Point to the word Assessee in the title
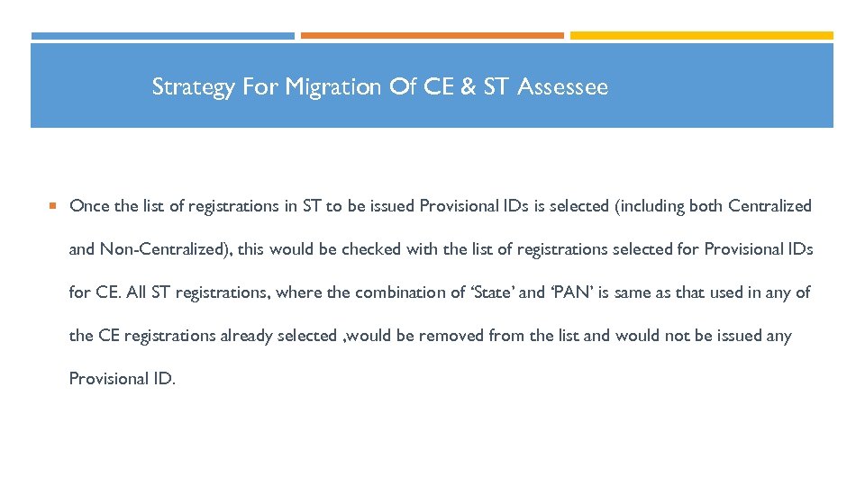563,87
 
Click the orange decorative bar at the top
432,36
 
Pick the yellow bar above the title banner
701,36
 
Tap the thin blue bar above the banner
162,36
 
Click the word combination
396,292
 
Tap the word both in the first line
706,206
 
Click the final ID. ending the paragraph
163,379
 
